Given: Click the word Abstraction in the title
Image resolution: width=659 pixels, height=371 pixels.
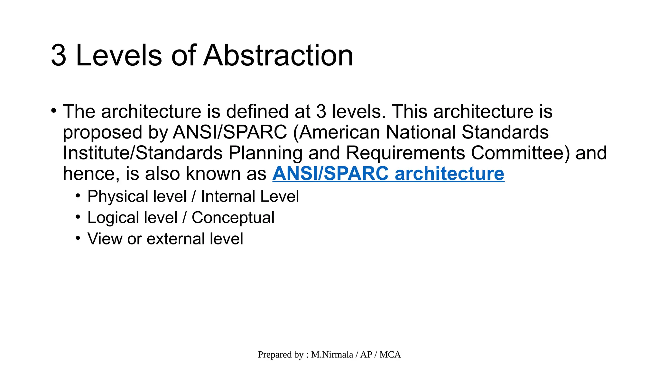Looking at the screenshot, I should [x=278, y=55].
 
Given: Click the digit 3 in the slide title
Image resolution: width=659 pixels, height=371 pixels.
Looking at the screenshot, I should [x=59, y=55].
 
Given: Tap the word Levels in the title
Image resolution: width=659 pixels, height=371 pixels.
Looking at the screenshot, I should [x=119, y=55].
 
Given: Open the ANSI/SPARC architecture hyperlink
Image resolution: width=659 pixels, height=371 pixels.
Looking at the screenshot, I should [x=388, y=174].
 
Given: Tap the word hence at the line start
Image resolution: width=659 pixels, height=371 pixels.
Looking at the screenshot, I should [x=88, y=174].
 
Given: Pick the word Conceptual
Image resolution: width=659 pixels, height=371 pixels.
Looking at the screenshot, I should [x=233, y=218].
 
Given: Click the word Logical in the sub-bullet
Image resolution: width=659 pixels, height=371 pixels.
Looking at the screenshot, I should [x=110, y=218].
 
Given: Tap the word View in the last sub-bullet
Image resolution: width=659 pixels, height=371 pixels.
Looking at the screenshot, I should [x=105, y=239].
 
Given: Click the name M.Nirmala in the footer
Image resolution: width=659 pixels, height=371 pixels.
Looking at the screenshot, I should [x=332, y=355].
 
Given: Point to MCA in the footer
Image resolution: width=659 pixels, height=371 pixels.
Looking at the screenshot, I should [x=390, y=355].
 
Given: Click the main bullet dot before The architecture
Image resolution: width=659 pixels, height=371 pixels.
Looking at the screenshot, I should [x=54, y=111].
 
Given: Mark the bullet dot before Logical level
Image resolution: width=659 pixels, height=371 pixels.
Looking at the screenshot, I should [x=78, y=217].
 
